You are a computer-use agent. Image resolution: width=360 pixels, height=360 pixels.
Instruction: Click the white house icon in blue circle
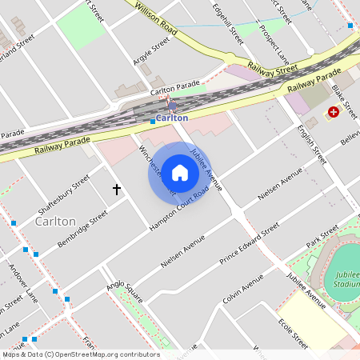pyautogui.click(x=180, y=172)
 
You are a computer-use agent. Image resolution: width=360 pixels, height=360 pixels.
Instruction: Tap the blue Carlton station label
pyautogui.click(x=172, y=118)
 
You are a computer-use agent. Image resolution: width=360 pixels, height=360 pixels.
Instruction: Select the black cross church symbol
pyautogui.click(x=117, y=190)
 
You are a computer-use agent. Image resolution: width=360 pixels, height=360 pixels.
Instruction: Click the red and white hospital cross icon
pyautogui.click(x=331, y=114)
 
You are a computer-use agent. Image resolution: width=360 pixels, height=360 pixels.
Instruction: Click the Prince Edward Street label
pyautogui.click(x=249, y=245)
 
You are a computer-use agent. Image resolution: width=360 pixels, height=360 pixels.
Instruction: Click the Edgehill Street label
pyautogui.click(x=228, y=22)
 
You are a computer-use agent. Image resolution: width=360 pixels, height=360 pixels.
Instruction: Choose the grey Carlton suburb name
pyautogui.click(x=56, y=221)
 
